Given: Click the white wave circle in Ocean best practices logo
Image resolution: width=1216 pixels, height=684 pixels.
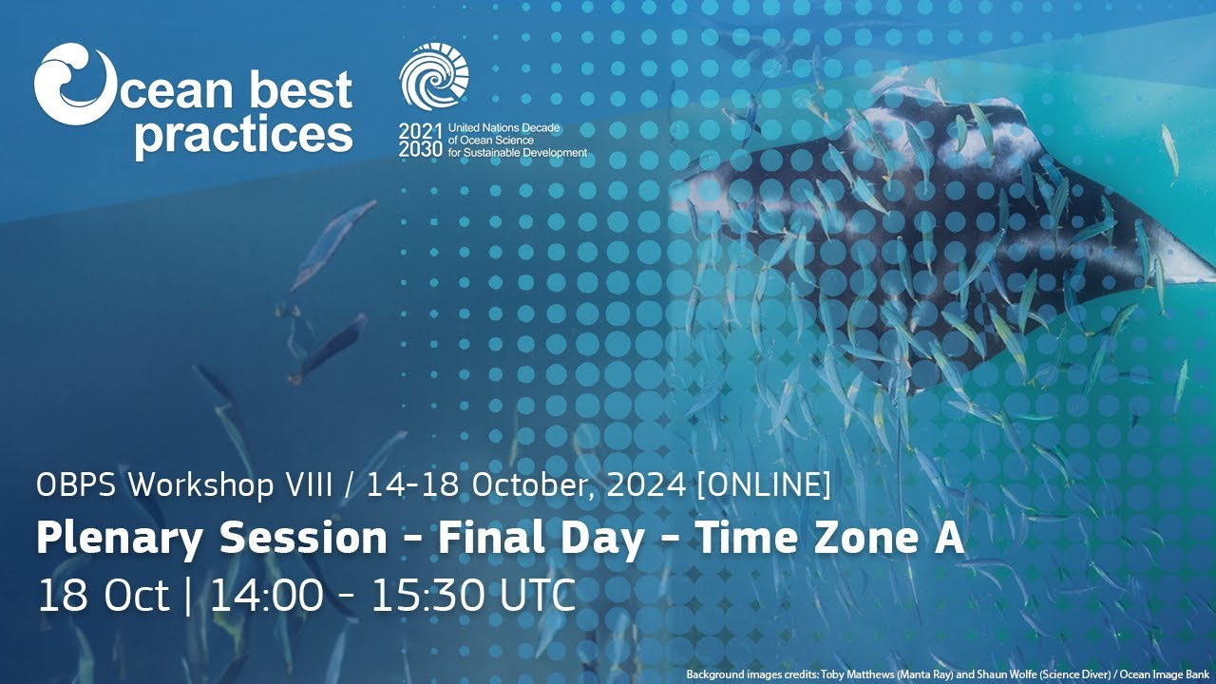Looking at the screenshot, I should point(74,85).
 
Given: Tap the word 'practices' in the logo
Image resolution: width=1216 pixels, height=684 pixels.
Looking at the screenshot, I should point(243,135).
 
